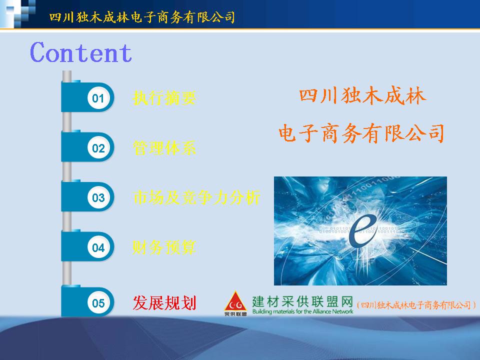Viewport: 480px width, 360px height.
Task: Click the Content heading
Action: click(81, 52)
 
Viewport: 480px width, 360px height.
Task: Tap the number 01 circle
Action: click(98, 98)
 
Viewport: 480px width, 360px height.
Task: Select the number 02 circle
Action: click(98, 148)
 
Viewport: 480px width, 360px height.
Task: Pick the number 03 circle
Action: click(98, 198)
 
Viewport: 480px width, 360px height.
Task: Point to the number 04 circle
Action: click(98, 247)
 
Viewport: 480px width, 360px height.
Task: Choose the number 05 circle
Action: click(98, 303)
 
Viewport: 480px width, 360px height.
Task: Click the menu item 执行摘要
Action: click(164, 98)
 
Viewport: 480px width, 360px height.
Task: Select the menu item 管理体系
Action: click(164, 148)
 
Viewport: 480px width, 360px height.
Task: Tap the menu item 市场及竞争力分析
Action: click(196, 197)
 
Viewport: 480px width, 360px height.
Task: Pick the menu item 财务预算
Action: click(164, 247)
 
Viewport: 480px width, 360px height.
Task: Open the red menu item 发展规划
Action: click(164, 303)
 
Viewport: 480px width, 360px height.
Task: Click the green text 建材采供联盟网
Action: click(303, 301)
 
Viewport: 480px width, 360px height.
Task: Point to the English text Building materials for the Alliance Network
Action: click(303, 311)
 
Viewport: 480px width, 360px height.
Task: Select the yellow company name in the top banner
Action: click(142, 17)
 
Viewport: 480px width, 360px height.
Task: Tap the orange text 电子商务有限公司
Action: click(361, 133)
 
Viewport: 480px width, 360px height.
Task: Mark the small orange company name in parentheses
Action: click(416, 305)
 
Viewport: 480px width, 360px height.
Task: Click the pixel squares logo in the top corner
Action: click(18, 14)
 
